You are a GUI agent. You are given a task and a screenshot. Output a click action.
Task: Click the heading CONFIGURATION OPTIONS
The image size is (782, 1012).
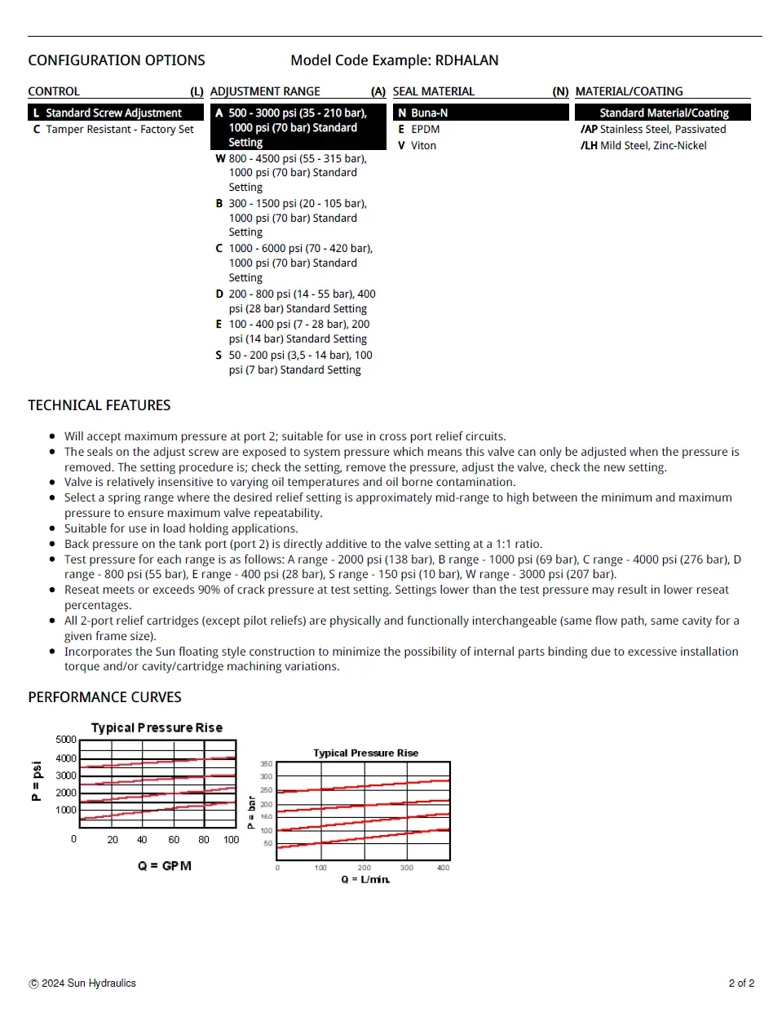coord(117,60)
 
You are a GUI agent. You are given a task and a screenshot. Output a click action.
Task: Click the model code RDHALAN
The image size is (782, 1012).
coord(466,60)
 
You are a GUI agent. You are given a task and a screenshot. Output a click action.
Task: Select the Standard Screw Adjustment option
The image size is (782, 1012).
coord(113,113)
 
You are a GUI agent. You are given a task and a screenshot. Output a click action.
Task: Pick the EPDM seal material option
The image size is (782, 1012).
coord(425,129)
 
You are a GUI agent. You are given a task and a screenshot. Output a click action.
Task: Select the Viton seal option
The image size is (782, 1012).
coord(423,145)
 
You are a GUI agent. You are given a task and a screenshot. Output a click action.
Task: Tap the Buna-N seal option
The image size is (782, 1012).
coord(429,113)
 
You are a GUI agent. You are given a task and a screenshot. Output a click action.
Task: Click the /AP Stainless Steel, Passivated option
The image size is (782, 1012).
coord(653,129)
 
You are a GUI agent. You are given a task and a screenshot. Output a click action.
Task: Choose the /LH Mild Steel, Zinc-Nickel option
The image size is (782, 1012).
coord(643,145)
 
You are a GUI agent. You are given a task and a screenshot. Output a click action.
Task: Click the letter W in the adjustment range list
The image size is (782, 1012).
coord(220,158)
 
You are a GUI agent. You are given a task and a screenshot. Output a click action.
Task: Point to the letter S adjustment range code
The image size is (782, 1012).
coord(219,355)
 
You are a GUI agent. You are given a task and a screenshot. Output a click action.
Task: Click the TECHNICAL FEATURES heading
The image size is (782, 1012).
coord(99,405)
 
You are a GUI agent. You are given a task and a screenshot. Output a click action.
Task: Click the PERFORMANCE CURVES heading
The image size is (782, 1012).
coord(104,697)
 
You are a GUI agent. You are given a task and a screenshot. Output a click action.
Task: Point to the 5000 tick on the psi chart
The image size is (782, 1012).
coord(66,740)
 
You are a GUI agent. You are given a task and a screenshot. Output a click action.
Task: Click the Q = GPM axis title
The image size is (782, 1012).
coord(165,865)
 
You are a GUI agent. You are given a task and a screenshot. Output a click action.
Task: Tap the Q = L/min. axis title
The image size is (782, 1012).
coord(365,879)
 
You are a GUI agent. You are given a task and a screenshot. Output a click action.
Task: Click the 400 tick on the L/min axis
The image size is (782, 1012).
coord(443,868)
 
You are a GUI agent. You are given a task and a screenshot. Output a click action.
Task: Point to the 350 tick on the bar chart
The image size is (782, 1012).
coord(266,764)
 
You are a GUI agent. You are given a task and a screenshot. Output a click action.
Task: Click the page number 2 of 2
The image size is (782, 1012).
coord(741,983)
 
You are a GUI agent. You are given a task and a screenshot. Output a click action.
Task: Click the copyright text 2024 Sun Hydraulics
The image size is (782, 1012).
coord(88,983)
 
